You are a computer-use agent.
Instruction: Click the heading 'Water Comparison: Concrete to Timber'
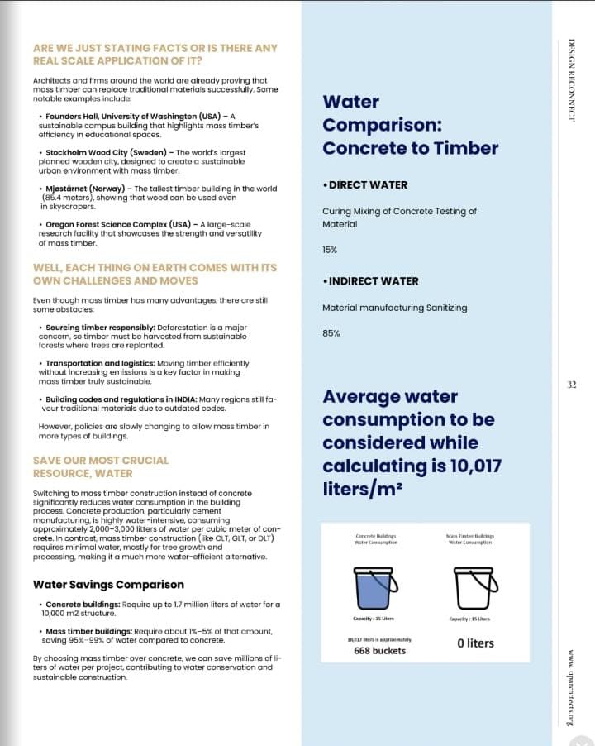click(410, 125)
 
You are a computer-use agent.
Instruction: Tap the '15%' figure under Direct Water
click(330, 249)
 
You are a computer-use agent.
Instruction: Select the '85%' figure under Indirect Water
click(330, 333)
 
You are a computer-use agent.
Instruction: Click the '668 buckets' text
click(379, 651)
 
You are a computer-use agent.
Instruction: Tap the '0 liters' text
click(475, 643)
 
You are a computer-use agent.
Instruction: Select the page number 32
click(572, 385)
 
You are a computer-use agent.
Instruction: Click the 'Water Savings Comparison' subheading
click(108, 585)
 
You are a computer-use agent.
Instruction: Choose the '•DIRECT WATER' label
click(364, 185)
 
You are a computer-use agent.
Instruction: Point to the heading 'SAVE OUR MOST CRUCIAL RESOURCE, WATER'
click(100, 466)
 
